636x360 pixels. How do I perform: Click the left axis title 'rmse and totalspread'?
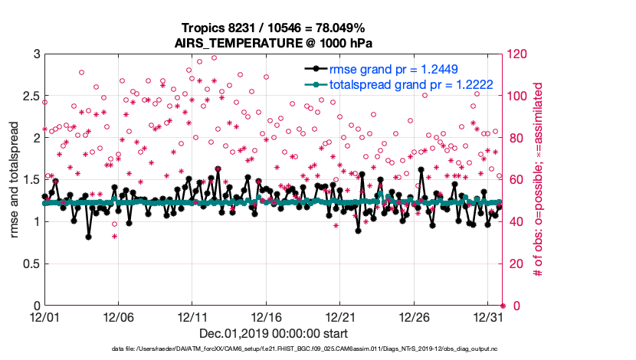tap(15, 180)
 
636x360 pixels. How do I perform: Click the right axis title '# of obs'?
tap(539, 180)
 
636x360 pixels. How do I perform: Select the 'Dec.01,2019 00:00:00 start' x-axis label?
tap(273, 333)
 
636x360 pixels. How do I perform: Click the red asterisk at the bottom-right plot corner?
tap(503, 306)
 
